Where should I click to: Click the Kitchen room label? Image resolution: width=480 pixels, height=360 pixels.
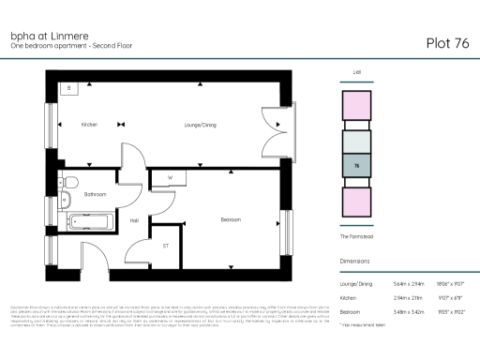point(90,125)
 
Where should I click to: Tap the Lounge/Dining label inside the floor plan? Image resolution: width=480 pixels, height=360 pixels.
point(201,125)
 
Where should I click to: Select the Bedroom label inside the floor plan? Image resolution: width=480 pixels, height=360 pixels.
point(232,219)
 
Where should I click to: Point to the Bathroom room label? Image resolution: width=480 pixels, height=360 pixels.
point(95,194)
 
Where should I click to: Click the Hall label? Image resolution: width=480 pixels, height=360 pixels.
point(134,220)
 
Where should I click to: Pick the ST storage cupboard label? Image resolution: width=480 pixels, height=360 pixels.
point(166,246)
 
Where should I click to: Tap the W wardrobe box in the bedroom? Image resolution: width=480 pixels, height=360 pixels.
point(171,177)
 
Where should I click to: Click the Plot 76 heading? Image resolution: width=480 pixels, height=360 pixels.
point(447,42)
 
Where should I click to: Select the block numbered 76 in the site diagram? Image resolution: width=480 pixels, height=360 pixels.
point(357,166)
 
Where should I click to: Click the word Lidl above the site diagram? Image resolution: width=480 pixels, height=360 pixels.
point(357,70)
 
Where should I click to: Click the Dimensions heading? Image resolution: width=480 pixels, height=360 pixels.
point(356,262)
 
